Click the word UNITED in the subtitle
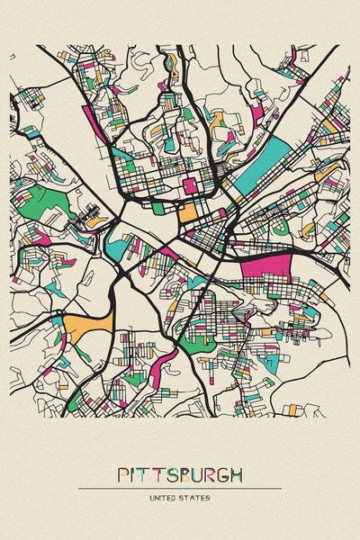pyautogui.click(x=165, y=497)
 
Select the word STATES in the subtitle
pyautogui.click(x=197, y=497)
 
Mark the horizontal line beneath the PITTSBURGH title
pyautogui.click(x=180, y=488)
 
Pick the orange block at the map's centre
pyautogui.click(x=187, y=214)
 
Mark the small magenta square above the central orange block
pyautogui.click(x=190, y=185)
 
